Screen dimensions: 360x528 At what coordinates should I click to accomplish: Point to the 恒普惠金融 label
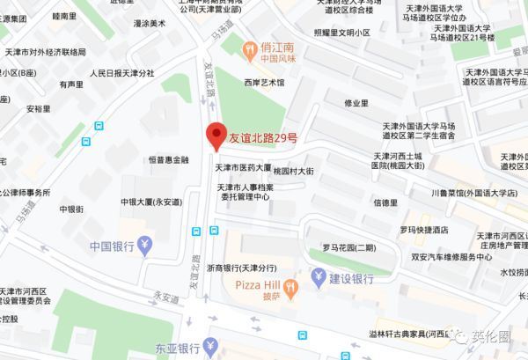tap(170, 159)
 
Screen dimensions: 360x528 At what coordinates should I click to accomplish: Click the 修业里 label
tap(356, 102)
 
